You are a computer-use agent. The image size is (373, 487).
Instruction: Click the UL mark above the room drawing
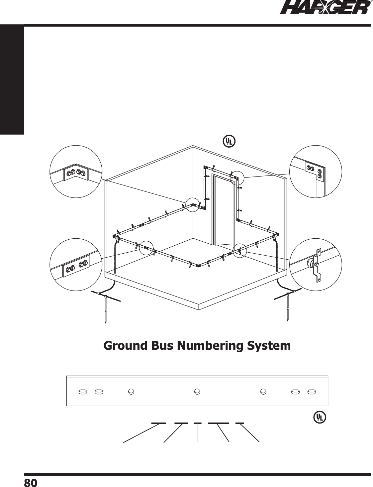point(228,141)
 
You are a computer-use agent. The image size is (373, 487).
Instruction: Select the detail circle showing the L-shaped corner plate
point(316,172)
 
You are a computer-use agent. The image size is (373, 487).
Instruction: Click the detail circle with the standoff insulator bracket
point(316,264)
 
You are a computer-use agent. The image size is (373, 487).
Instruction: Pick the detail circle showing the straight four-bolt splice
point(76,265)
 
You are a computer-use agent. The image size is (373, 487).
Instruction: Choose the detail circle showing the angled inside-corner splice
point(76,172)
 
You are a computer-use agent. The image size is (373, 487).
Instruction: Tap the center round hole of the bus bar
point(197,392)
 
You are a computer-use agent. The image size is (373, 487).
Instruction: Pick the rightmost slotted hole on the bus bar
point(312,392)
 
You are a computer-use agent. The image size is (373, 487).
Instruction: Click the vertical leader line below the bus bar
point(198,432)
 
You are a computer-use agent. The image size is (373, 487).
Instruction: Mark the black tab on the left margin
point(12,80)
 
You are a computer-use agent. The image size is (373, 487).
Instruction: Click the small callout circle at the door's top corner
point(237,177)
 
